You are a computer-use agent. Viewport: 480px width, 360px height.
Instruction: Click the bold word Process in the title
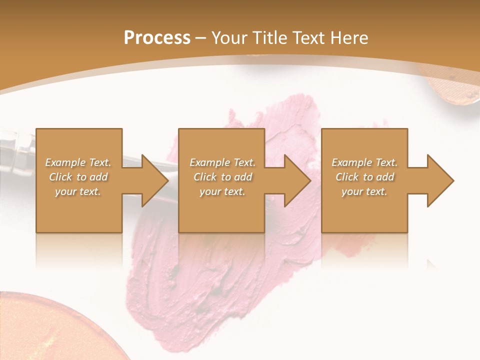(157, 38)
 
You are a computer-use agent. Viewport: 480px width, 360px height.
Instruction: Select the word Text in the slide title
(307, 38)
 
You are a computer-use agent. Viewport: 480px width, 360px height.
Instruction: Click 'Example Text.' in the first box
(78, 162)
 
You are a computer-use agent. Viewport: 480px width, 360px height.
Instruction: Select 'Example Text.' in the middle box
(222, 162)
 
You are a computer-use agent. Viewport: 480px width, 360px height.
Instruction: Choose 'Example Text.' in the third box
(364, 162)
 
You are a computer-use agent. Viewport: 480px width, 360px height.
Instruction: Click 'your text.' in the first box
(78, 191)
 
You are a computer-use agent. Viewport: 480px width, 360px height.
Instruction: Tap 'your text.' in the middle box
(222, 191)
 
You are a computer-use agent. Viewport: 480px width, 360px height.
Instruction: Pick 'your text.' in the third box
(364, 191)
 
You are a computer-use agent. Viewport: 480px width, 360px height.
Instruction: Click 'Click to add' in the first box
(78, 177)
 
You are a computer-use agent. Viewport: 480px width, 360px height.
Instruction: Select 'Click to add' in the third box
(364, 177)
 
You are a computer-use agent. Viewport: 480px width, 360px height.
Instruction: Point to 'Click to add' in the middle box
(222, 177)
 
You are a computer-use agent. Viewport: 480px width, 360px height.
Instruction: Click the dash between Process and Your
(201, 38)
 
